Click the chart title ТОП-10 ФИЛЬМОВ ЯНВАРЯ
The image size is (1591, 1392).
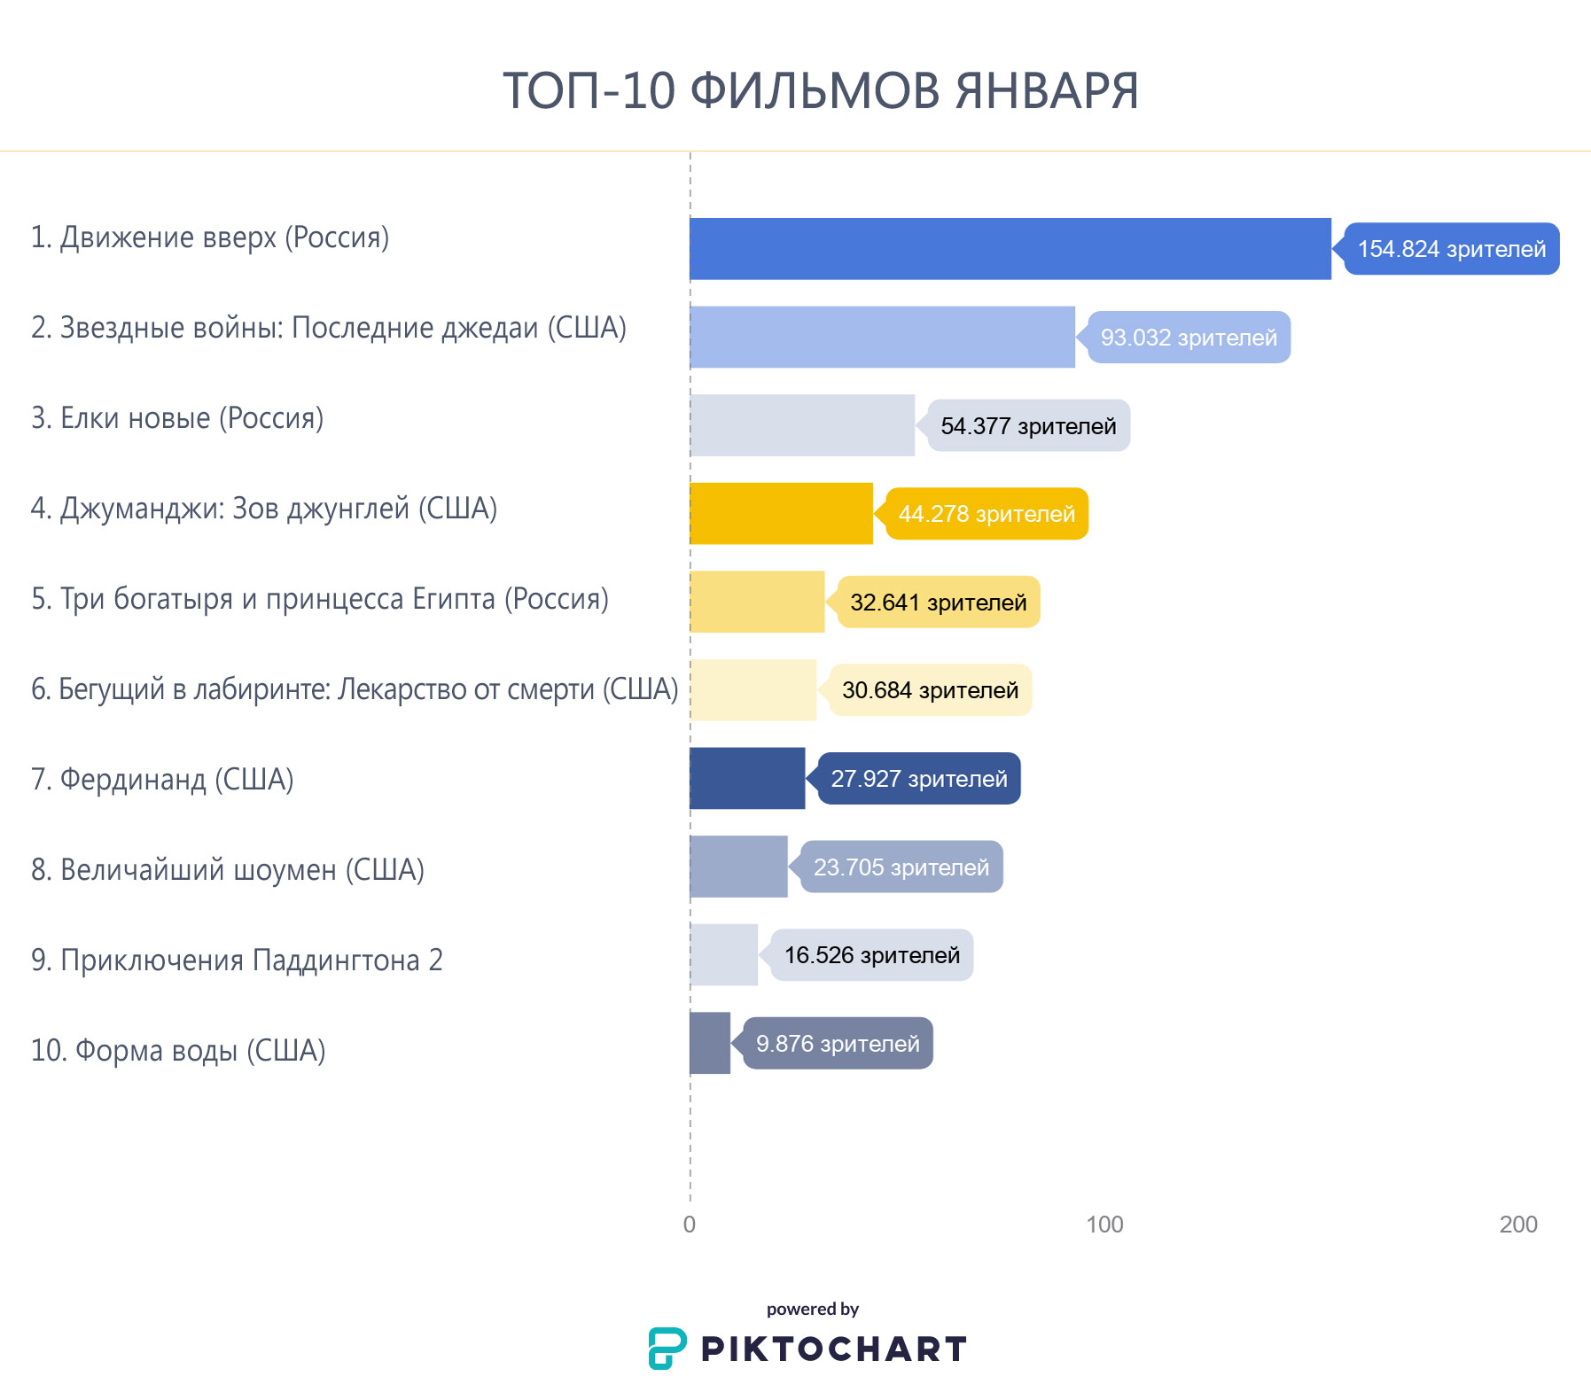point(820,90)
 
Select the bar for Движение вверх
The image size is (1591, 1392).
point(1010,249)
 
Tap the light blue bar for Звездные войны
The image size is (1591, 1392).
point(882,337)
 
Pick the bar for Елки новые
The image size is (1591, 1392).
point(802,425)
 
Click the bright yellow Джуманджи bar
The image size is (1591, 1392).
point(781,514)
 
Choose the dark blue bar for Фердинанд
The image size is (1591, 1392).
point(747,779)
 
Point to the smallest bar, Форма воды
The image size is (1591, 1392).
point(710,1044)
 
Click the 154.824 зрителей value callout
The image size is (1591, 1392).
point(1451,249)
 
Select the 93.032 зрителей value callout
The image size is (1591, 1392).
point(1189,338)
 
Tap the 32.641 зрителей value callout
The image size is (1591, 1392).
point(938,603)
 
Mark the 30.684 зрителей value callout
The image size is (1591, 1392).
point(930,690)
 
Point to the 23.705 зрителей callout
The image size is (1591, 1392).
point(901,867)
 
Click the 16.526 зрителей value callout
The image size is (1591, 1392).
point(871,955)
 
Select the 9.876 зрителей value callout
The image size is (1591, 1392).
point(838,1044)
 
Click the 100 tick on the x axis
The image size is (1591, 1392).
point(1104,1225)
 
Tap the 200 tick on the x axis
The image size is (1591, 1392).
point(1518,1225)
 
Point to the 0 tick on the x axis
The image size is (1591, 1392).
point(690,1225)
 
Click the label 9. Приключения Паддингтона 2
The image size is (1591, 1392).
point(237,960)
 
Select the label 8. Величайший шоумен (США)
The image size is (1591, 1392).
point(228,870)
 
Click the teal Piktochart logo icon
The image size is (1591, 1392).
point(667,1349)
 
